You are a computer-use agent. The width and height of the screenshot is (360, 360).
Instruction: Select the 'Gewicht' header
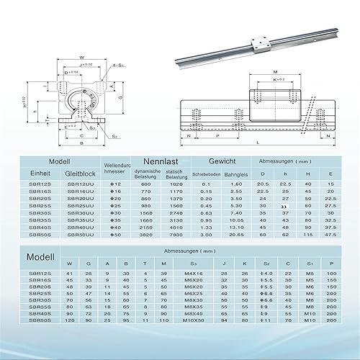click(219, 163)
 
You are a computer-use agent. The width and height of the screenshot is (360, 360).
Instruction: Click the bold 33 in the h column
click(284, 206)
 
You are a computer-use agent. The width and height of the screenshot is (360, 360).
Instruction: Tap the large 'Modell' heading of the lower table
click(40, 257)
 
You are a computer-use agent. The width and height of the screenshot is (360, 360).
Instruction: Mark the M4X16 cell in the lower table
click(193, 273)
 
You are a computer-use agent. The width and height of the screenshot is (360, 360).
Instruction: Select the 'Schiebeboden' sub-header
click(205, 174)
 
